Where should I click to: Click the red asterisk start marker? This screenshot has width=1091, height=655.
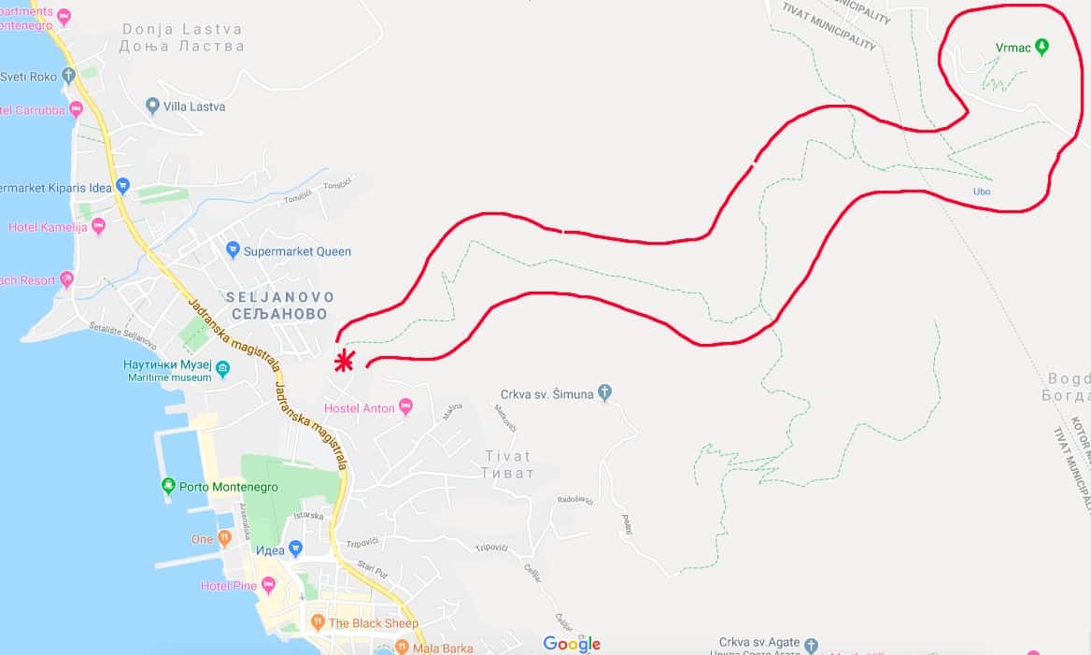pos(345,361)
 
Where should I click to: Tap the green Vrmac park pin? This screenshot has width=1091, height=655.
pos(1042,47)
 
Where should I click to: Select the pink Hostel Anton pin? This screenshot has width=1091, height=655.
pos(405,406)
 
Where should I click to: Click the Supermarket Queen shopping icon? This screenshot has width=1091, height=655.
pos(233,249)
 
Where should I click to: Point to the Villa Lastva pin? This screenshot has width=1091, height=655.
pos(152,107)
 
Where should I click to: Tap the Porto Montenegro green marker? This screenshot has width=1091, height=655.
pos(168,486)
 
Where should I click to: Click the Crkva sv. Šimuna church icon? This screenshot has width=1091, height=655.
pos(605,393)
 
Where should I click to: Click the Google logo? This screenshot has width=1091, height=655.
pos(572,643)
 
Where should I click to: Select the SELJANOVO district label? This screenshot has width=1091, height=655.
pos(278,296)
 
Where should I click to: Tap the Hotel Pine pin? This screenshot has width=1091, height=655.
pos(269,585)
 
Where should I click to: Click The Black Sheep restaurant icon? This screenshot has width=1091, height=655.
pos(318,622)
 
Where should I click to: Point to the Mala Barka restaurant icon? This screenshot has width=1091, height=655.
pos(403,647)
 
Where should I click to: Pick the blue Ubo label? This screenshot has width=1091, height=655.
pos(982,192)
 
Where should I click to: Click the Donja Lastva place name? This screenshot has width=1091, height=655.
pos(183,29)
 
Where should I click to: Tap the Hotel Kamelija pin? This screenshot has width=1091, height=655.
pos(98,226)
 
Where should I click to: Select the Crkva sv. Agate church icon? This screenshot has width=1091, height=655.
pos(811,644)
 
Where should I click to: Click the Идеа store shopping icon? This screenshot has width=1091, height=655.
pos(295,548)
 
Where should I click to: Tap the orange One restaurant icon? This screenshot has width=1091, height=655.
pos(224,539)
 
